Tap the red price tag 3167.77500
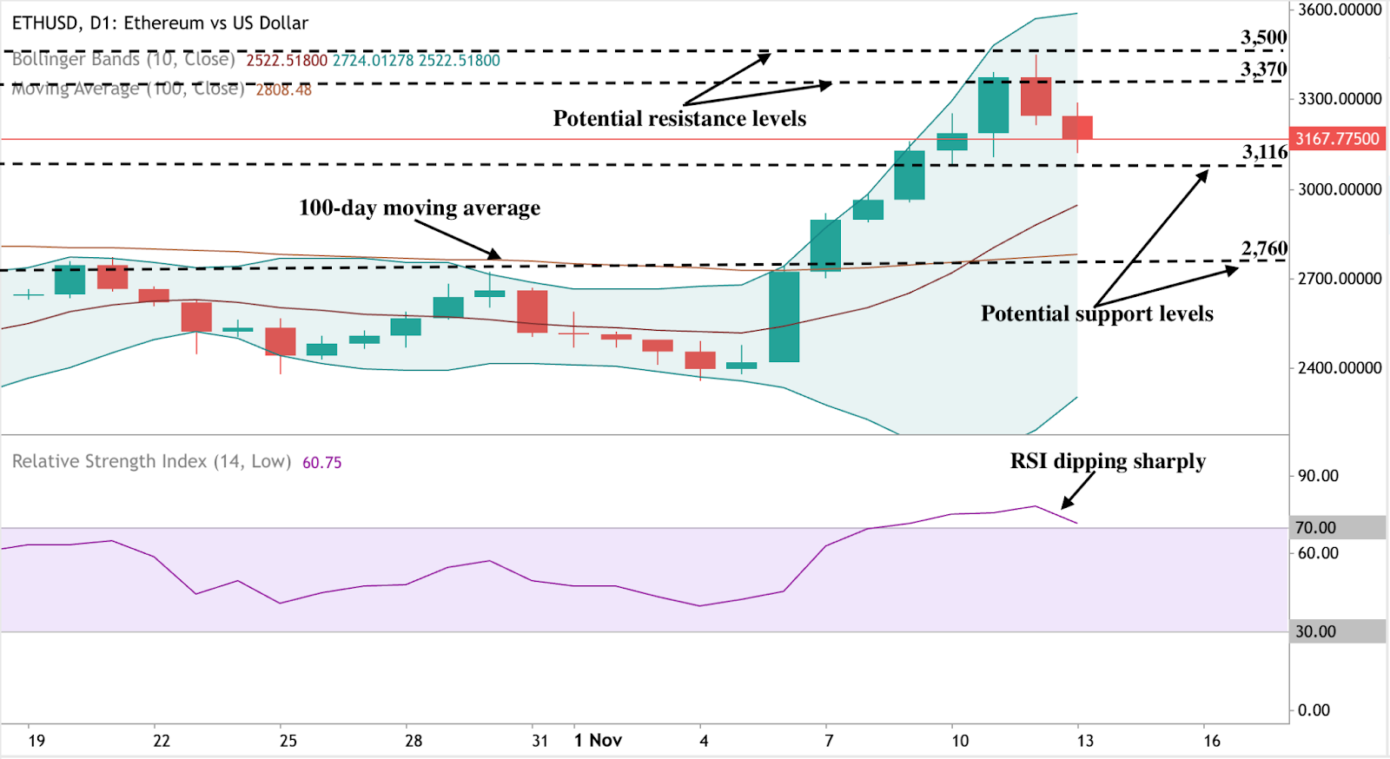pyautogui.click(x=1337, y=139)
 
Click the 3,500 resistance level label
pyautogui.click(x=1263, y=37)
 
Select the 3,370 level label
pyautogui.click(x=1263, y=69)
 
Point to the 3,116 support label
pyautogui.click(x=1264, y=152)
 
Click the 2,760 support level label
pyautogui.click(x=1264, y=248)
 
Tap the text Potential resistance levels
pyautogui.click(x=679, y=118)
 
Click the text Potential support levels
pyautogui.click(x=1096, y=313)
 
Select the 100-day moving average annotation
pyautogui.click(x=419, y=208)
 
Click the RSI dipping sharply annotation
pyautogui.click(x=1107, y=461)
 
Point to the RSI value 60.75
pyautogui.click(x=321, y=463)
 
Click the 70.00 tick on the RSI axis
pyautogui.click(x=1315, y=527)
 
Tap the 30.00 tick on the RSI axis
pyautogui.click(x=1315, y=631)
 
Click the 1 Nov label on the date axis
pyautogui.click(x=598, y=740)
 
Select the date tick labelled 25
pyautogui.click(x=288, y=741)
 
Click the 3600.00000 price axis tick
pyautogui.click(x=1339, y=10)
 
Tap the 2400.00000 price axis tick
pyautogui.click(x=1339, y=368)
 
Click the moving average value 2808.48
pyautogui.click(x=283, y=89)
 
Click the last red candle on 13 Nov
pyautogui.click(x=1077, y=128)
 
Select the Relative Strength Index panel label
pyautogui.click(x=151, y=462)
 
